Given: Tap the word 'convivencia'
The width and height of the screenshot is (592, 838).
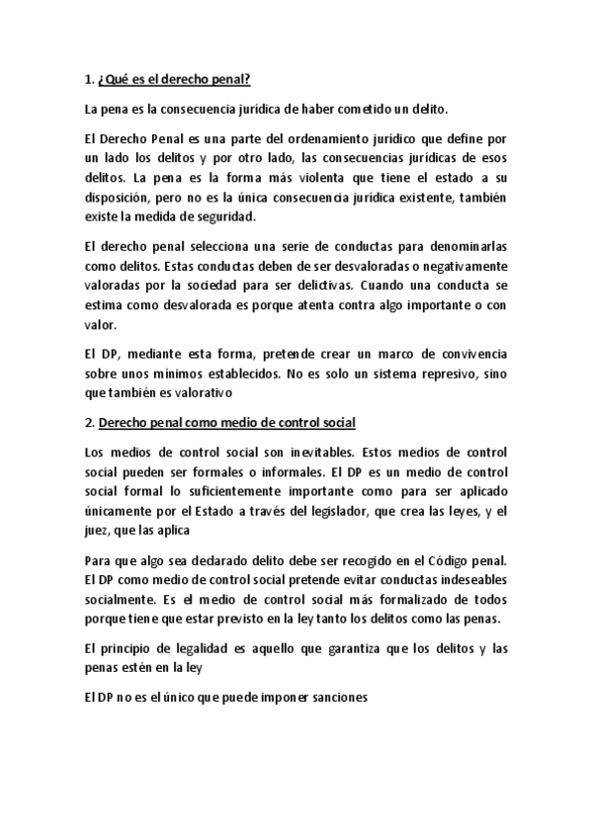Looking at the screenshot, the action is [465, 353].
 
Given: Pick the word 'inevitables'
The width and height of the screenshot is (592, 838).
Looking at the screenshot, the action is [304, 454].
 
